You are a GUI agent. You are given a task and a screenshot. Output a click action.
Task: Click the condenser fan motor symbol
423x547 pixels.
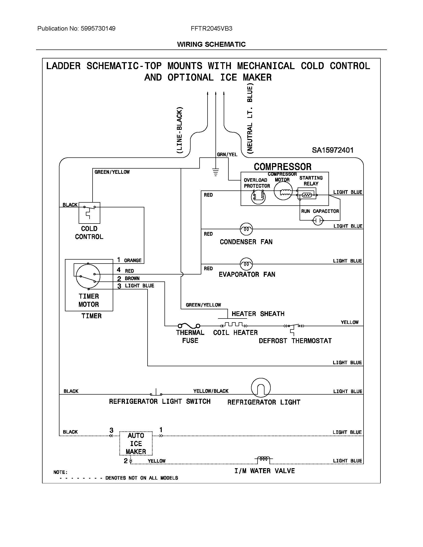246,229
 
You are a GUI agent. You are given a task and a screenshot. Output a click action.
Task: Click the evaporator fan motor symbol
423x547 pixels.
246,264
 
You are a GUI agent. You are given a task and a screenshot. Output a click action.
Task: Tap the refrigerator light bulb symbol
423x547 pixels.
261,388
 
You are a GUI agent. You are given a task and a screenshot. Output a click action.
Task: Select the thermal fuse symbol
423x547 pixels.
189,326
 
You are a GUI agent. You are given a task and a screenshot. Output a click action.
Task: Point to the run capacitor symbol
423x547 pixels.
318,220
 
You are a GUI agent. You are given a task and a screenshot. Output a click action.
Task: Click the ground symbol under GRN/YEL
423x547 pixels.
215,172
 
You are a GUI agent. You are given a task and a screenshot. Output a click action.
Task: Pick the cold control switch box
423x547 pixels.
89,213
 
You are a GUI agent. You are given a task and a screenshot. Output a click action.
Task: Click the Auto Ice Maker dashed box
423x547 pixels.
136,443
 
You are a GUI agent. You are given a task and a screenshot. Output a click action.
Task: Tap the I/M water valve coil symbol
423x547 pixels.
264,458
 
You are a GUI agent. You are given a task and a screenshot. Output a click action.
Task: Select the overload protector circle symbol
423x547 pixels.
258,197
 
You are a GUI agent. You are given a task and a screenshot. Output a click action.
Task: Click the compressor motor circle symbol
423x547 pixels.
283,191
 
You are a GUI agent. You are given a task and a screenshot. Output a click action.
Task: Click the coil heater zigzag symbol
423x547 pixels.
234,325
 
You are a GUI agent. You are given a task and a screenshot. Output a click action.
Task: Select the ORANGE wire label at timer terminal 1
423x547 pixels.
133,261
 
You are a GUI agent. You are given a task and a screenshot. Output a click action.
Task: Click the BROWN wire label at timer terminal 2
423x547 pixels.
132,278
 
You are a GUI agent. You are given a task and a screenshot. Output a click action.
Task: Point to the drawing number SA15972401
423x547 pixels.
332,150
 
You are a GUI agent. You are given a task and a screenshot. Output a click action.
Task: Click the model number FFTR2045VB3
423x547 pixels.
211,29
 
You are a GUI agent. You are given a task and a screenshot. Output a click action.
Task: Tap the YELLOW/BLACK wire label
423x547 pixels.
211,391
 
